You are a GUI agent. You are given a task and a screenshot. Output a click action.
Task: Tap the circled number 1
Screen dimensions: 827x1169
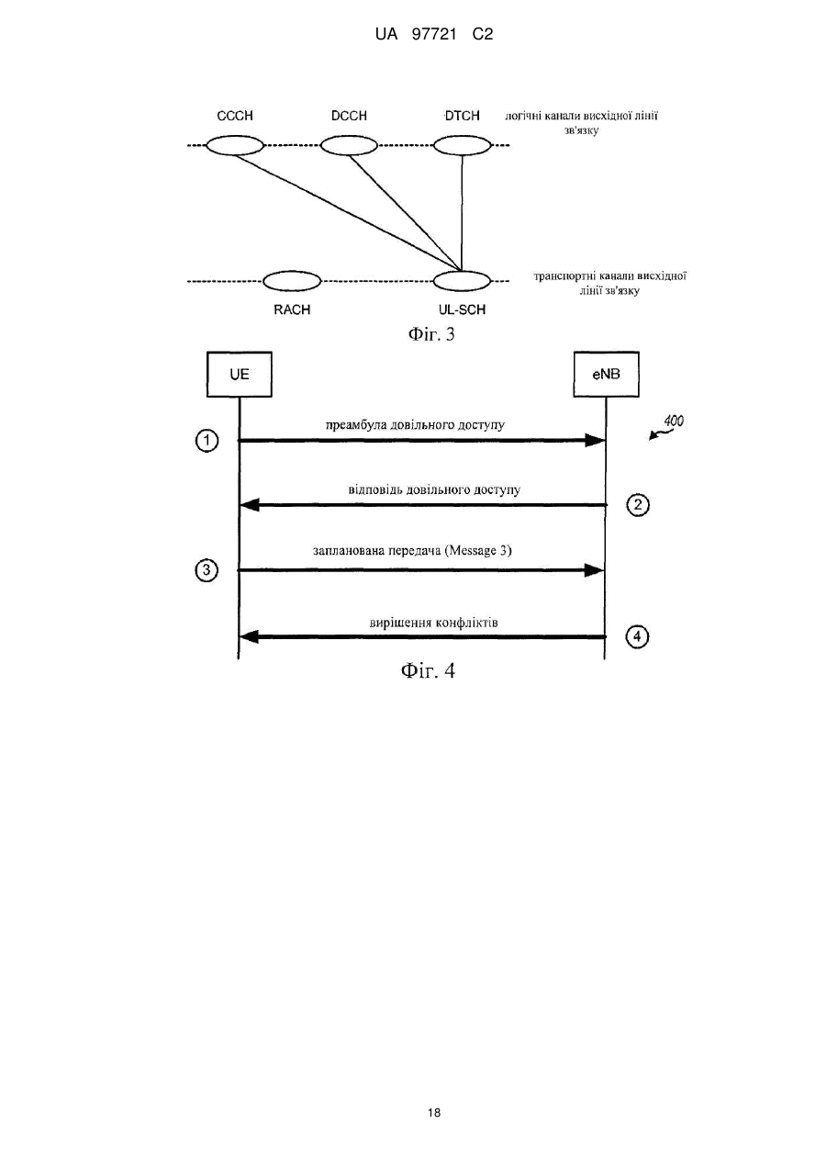tap(207, 441)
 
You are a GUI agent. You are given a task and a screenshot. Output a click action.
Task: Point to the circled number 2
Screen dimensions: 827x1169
tap(638, 505)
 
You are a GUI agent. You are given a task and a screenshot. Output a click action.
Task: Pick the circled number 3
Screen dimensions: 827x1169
tap(207, 570)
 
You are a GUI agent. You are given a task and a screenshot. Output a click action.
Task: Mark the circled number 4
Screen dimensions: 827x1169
tap(637, 636)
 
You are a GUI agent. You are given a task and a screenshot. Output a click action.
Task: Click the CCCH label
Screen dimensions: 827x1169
tap(235, 116)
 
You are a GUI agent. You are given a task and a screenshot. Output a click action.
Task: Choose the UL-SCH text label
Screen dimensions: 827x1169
tap(463, 310)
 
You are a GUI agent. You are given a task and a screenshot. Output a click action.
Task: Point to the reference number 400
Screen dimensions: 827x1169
tap(674, 421)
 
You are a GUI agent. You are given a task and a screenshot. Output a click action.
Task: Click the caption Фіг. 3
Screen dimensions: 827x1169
tap(431, 334)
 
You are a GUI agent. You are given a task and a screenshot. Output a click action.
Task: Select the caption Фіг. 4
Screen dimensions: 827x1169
tap(428, 670)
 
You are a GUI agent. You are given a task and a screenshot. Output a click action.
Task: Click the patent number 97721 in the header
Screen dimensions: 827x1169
tap(434, 35)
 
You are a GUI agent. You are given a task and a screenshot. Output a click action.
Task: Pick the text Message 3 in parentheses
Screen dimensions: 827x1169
tap(478, 551)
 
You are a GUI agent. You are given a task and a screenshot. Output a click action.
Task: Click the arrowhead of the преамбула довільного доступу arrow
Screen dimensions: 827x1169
tap(594, 441)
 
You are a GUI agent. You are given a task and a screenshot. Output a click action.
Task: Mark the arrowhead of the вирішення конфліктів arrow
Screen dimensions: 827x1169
tap(249, 636)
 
